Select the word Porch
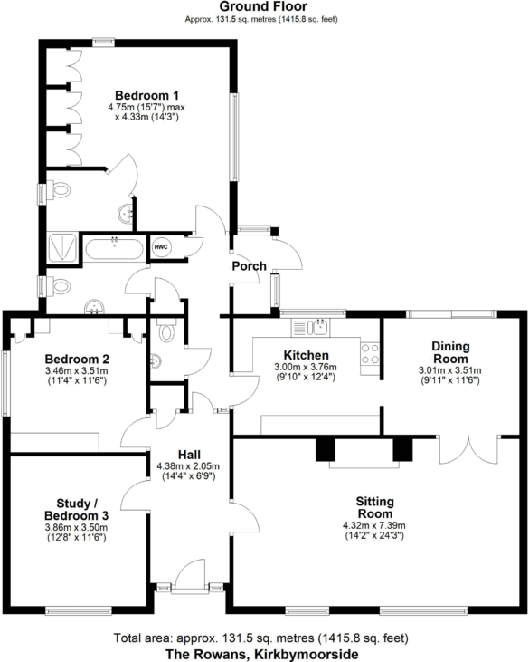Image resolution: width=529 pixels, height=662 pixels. (250, 266)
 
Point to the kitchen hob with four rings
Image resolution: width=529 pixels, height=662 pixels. (370, 354)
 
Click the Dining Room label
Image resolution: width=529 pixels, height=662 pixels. (449, 351)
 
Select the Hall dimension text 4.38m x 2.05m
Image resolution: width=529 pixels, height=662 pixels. (189, 467)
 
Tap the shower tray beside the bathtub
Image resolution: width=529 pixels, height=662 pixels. (62, 245)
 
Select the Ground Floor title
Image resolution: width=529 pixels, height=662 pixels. (264, 7)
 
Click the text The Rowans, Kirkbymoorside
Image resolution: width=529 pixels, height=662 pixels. (263, 654)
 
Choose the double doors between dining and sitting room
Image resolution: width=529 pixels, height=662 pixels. (468, 450)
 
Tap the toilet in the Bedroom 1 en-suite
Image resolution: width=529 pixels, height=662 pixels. (61, 192)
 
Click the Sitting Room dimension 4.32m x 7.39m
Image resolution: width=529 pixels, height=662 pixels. (374, 526)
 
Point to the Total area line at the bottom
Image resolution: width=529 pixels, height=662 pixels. (264, 638)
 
